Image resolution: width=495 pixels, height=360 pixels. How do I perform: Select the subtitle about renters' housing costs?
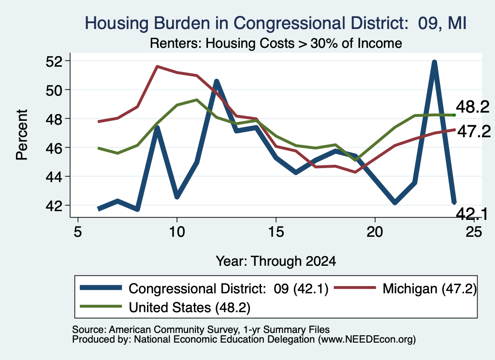point(276,43)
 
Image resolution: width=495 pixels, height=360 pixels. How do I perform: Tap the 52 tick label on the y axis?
point(54,61)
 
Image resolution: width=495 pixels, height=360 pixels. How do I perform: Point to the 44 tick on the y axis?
point(54,177)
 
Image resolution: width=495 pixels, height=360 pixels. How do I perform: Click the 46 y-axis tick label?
point(54,148)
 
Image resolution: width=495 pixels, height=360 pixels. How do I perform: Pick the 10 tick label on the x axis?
point(177,232)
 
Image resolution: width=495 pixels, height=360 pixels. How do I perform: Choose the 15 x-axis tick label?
point(276,232)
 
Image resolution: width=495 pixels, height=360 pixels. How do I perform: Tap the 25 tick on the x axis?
point(474,232)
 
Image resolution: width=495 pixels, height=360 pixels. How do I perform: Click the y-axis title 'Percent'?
point(22,135)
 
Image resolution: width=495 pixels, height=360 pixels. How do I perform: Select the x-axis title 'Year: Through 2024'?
point(276,261)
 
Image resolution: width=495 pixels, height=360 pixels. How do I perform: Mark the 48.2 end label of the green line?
point(473,107)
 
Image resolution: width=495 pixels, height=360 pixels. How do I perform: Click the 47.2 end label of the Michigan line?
point(474,131)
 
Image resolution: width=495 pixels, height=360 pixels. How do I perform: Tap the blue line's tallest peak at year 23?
point(435,62)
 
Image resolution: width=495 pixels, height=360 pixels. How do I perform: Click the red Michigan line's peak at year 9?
point(157,66)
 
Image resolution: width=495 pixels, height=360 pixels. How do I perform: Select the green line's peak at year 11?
point(197,100)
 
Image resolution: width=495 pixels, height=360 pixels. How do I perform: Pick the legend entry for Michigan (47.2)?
point(406,288)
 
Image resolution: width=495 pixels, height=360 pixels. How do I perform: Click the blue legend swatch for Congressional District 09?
point(101,288)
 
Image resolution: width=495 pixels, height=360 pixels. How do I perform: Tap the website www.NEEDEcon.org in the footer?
point(367,340)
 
